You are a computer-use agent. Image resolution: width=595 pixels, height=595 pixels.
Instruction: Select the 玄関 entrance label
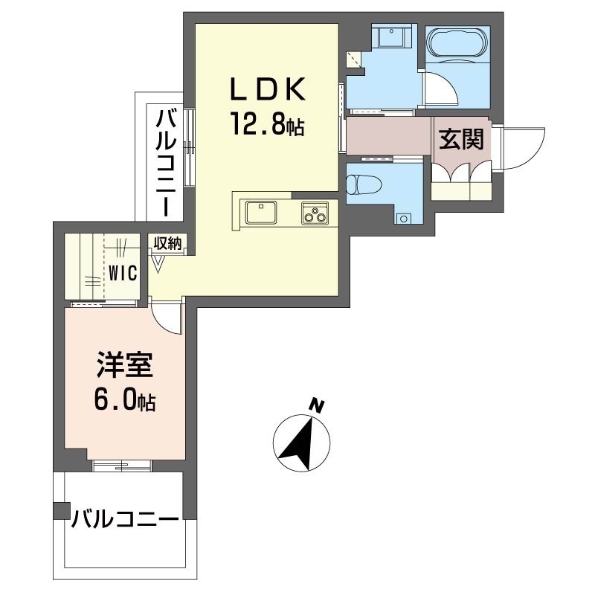(x=461, y=139)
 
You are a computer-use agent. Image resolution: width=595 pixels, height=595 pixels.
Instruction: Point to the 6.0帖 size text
(x=124, y=402)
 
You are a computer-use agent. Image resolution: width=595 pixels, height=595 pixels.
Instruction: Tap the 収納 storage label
(x=167, y=242)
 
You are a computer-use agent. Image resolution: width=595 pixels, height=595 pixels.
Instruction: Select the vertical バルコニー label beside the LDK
(x=166, y=163)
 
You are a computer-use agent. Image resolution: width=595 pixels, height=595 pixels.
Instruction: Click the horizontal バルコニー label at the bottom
(x=125, y=518)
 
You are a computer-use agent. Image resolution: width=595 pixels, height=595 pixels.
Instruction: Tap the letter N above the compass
(x=318, y=406)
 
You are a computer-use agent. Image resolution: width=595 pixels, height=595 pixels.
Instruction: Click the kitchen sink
(x=260, y=213)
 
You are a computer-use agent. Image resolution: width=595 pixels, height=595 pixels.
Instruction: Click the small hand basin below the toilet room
(x=404, y=219)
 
